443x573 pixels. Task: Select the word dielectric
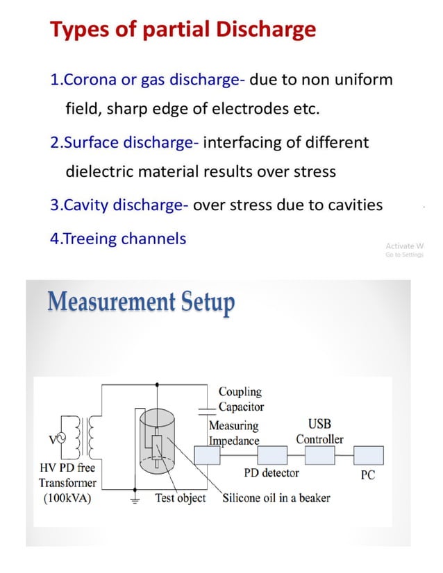[102, 171]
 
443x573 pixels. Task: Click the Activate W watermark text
[404, 246]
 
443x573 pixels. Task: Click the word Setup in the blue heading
[208, 303]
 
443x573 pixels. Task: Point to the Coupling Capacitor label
[240, 400]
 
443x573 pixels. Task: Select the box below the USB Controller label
[319, 455]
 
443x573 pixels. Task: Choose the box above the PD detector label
[271, 455]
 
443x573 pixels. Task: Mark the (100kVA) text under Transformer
[65, 497]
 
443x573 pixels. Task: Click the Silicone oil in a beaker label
[276, 497]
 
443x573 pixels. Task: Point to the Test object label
[180, 497]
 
